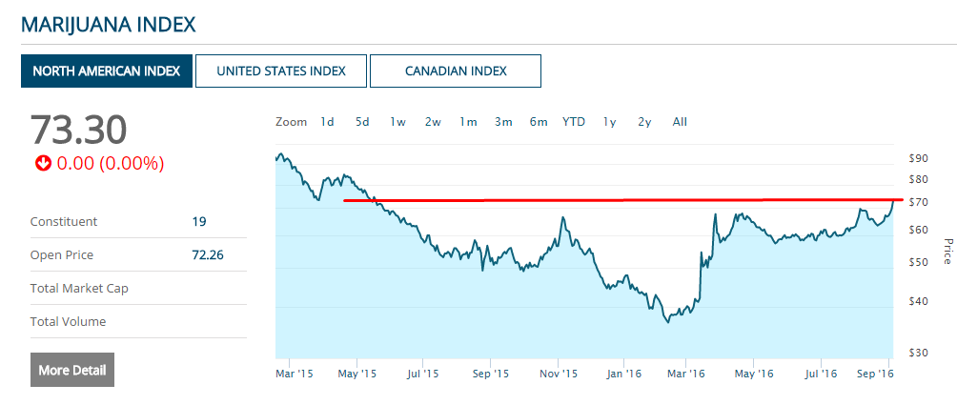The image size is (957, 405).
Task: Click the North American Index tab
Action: click(107, 71)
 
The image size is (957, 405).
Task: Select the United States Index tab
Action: click(281, 71)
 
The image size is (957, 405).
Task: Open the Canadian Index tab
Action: click(456, 71)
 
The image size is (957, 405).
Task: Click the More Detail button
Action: click(72, 370)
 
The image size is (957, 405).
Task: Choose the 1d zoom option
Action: click(327, 122)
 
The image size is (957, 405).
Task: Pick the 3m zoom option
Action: click(503, 122)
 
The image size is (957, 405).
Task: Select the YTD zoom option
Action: click(574, 122)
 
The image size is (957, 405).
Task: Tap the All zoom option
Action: click(680, 122)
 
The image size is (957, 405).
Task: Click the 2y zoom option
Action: click(644, 122)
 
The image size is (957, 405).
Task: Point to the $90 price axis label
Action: click(918, 158)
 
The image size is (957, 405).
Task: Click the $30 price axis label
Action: click(918, 353)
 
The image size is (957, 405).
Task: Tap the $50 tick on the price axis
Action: click(918, 262)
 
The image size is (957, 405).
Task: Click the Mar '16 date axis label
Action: click(685, 375)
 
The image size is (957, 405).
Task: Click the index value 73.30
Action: click(78, 130)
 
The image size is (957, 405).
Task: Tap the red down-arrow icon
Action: click(43, 164)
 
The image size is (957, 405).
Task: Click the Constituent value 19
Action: click(199, 222)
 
